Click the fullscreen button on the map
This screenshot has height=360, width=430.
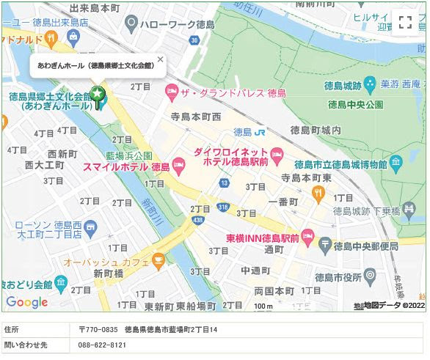coord(406,22)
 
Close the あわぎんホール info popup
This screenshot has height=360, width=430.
coord(161,59)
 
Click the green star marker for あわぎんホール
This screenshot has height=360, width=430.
coord(97,95)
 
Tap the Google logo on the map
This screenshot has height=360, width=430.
coord(26,301)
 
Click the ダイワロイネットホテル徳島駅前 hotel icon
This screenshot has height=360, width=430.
coord(277,154)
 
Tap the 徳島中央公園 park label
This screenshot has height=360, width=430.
coord(354,105)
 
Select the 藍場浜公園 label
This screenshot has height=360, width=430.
coord(128,155)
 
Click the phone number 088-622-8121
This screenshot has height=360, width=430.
coord(102,345)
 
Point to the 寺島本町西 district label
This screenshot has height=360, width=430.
coord(196,117)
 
